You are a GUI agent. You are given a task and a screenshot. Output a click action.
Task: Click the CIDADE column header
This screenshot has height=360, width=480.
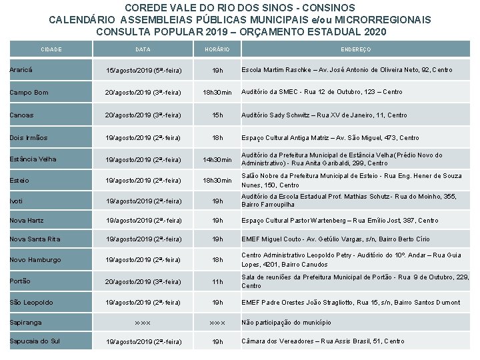point(51,49)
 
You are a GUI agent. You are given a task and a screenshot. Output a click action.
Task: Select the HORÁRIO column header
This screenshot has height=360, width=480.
point(217,49)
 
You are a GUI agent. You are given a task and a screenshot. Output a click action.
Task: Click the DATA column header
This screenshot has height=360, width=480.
point(143,49)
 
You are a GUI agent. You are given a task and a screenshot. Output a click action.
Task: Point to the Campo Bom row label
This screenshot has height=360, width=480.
point(29,92)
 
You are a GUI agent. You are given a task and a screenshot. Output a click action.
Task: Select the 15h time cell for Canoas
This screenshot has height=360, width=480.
point(217,115)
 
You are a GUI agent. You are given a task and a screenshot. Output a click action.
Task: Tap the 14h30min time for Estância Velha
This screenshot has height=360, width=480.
point(217,160)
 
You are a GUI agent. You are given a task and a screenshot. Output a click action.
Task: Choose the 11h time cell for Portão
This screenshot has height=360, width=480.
point(217,282)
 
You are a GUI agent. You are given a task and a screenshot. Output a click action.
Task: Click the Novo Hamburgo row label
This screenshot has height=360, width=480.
point(35,259)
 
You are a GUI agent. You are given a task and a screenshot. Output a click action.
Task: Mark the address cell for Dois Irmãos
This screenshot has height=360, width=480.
point(330,138)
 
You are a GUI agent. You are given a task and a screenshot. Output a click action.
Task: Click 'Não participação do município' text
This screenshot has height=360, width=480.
point(286,323)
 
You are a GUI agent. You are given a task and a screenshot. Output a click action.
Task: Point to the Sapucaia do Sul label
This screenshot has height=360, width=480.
point(35,341)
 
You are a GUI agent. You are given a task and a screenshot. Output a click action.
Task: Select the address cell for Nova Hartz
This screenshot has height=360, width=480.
point(339,221)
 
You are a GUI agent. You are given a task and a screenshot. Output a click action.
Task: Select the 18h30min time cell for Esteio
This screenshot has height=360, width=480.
point(217,181)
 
